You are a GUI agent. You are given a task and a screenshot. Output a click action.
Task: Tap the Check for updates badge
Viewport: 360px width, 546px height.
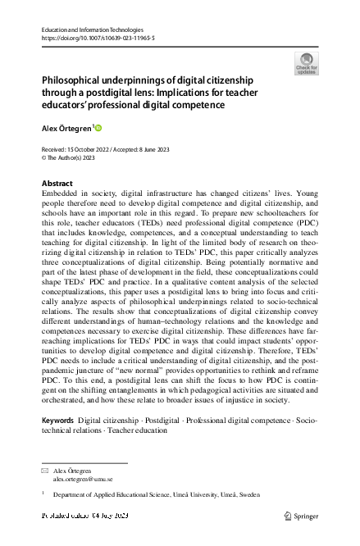304,64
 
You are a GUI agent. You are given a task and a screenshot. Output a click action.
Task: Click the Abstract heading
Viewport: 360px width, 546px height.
57,182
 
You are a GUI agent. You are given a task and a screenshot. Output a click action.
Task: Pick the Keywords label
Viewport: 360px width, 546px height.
57,419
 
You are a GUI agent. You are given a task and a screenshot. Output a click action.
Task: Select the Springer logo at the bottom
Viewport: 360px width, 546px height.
302,516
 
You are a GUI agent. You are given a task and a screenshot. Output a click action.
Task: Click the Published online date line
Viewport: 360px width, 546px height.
85,516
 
